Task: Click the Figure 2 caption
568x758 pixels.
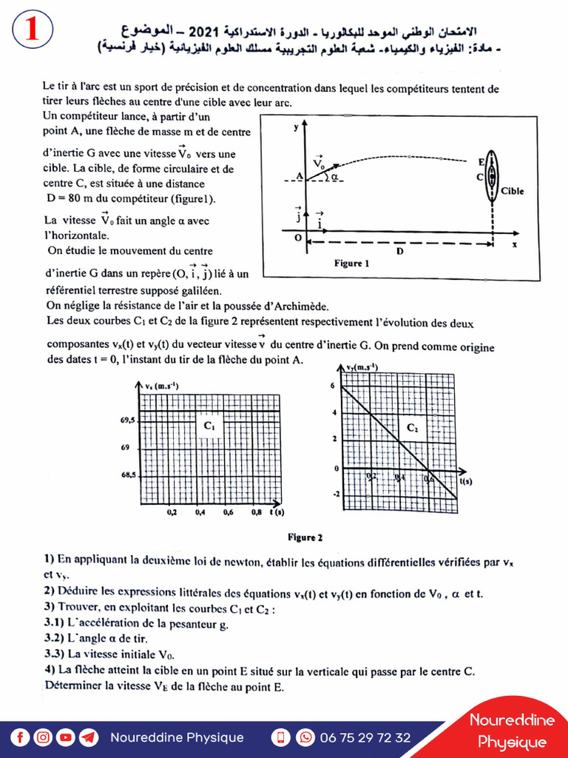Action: point(305,537)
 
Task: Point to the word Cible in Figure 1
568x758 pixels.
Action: point(512,191)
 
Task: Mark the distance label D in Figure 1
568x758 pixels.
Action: point(399,252)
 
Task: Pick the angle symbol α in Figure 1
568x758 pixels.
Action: point(334,178)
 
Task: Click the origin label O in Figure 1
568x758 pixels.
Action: point(297,238)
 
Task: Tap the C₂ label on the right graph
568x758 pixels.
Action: point(412,428)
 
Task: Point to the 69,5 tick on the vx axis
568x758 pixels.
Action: point(126,420)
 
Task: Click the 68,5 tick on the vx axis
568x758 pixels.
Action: point(126,475)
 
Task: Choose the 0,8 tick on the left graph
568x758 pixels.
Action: point(256,512)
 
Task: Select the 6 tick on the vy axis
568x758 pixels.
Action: point(334,386)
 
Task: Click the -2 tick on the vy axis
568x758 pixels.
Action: point(335,494)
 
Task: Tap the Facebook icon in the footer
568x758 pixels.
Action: point(21,737)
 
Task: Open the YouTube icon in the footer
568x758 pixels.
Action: point(66,737)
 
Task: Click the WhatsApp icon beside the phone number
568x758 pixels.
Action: point(305,737)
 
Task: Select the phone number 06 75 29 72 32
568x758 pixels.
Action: point(365,737)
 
